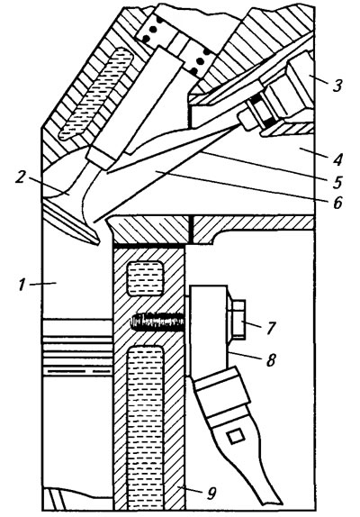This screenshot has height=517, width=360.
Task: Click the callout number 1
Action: point(22,285)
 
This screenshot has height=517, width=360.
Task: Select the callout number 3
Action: point(337,85)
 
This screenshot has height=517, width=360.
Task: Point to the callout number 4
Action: point(337,159)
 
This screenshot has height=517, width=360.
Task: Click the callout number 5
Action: point(337,182)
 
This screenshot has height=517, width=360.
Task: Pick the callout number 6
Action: point(337,203)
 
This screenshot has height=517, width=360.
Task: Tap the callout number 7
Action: point(271,328)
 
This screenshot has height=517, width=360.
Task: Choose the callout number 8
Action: point(270,359)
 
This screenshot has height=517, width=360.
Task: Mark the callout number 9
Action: point(211,493)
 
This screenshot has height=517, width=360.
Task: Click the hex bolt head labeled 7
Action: point(237,319)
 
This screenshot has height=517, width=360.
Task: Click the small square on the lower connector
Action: point(236,437)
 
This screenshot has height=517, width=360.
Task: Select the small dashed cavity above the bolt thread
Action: point(145,277)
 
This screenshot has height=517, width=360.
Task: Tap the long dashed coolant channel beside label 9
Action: point(145,428)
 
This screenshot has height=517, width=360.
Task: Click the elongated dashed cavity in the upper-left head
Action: point(95,94)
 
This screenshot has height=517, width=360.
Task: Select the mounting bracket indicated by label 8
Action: point(208,331)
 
